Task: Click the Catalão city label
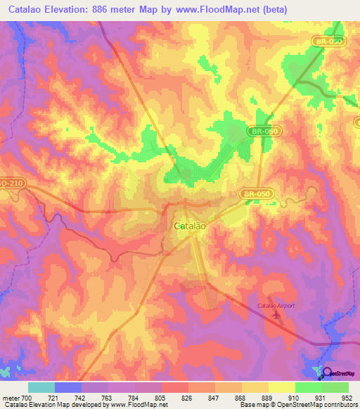189,226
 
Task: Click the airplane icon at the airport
274,314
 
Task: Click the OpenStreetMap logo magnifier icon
328,372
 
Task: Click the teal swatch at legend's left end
41,387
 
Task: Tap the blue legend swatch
67,387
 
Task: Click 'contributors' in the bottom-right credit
340,405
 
